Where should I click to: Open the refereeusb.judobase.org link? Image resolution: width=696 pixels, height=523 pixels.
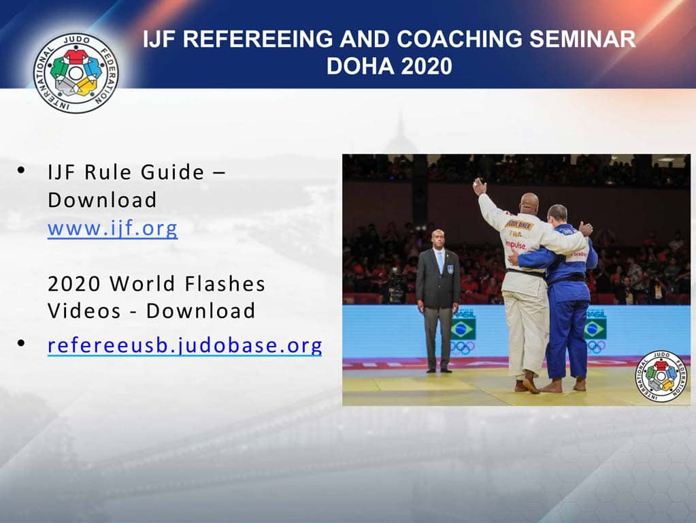coord(184,345)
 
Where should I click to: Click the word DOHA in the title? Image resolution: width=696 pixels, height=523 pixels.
coord(360,66)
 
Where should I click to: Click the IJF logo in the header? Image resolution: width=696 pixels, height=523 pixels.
coord(76,72)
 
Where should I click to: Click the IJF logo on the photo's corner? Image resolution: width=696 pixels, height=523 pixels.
coord(661,375)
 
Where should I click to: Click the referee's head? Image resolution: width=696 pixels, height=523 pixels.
coord(437,239)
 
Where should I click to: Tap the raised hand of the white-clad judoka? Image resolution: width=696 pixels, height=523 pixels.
coord(480,185)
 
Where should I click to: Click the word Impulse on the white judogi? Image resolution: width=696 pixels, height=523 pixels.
coord(515,245)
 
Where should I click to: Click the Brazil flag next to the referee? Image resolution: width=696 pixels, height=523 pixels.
coord(463,329)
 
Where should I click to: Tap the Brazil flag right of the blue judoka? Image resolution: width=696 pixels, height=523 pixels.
coord(595,329)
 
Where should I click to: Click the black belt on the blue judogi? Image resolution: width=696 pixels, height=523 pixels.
coord(567,279)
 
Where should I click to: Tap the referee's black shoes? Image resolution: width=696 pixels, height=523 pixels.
coord(438,370)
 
